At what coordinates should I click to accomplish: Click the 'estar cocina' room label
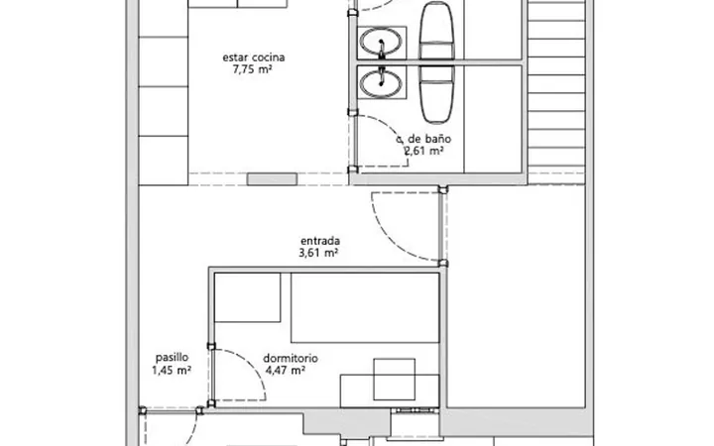tap(254, 57)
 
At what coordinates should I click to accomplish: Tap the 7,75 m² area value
tap(252, 69)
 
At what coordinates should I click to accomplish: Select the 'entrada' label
tap(320, 241)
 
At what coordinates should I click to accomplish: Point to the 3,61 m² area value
tap(318, 253)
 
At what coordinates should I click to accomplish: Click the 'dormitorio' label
tap(290, 358)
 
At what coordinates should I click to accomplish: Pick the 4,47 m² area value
tap(285, 370)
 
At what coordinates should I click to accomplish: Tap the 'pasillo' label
tap(172, 358)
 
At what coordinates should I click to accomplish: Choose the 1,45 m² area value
tap(172, 370)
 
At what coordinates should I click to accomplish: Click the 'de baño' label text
tap(429, 139)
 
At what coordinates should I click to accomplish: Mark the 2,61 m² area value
tap(424, 151)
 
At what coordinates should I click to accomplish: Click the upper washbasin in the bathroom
tap(381, 42)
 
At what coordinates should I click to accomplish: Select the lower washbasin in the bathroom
tap(381, 83)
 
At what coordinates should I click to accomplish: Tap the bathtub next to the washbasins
tap(436, 62)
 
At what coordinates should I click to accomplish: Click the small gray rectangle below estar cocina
tap(273, 179)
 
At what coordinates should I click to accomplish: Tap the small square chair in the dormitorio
tap(395, 380)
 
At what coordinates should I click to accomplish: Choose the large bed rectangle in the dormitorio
tap(365, 307)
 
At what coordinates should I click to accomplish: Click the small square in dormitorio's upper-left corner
tap(248, 297)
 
